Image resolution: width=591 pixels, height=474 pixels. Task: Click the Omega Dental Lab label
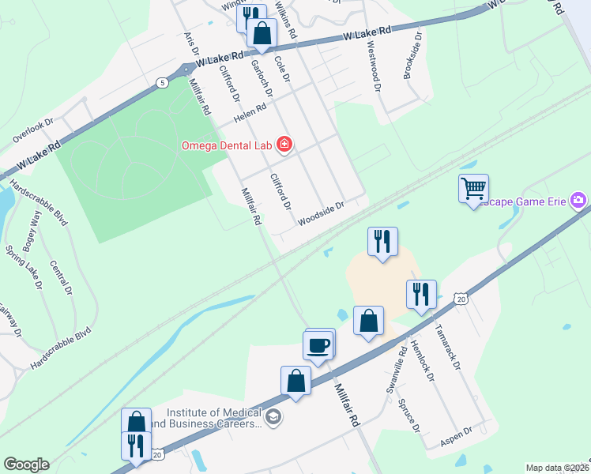pos(227,145)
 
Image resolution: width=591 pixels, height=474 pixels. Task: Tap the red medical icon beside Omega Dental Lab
pos(284,145)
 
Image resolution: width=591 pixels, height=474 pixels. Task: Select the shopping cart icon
pos(473,188)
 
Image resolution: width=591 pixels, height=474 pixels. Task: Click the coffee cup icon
pos(318,345)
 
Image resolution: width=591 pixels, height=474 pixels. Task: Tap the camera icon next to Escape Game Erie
pos(579,200)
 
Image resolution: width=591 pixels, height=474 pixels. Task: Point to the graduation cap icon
pos(273,417)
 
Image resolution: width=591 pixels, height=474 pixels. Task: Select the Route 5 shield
pos(162,82)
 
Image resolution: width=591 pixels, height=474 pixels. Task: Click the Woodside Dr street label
pos(322,213)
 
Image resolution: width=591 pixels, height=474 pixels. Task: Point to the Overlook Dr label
pos(32,130)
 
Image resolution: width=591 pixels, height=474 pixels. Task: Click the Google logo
pos(26,465)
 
